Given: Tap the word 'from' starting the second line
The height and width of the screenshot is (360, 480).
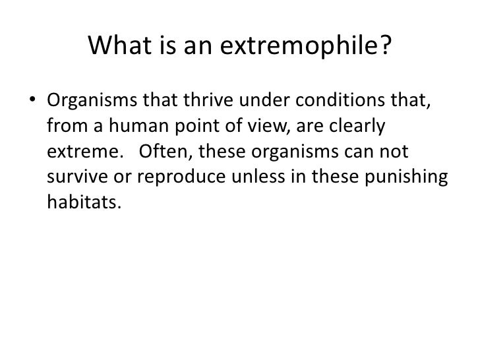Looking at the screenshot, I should point(65,127).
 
